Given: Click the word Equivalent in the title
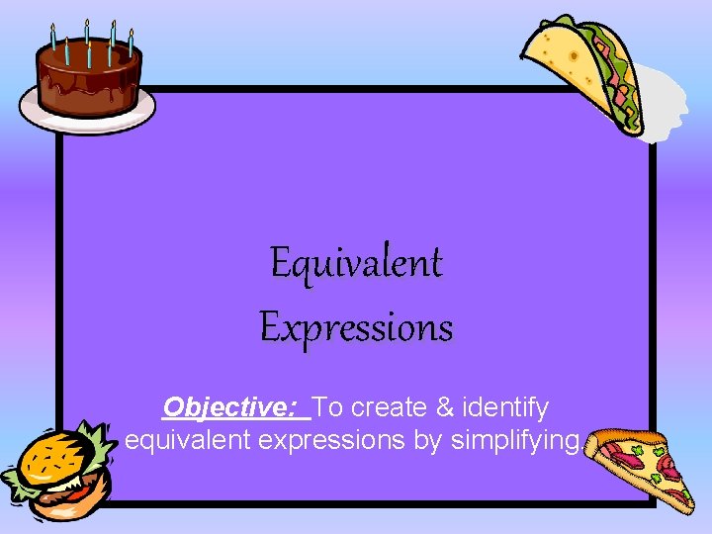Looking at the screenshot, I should tap(356, 264).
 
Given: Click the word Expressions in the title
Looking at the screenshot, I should tap(356, 327).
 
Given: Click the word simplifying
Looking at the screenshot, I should tap(513, 440).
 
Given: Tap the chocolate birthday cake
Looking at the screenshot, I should tap(90, 74).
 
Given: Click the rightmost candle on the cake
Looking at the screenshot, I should tap(131, 41).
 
